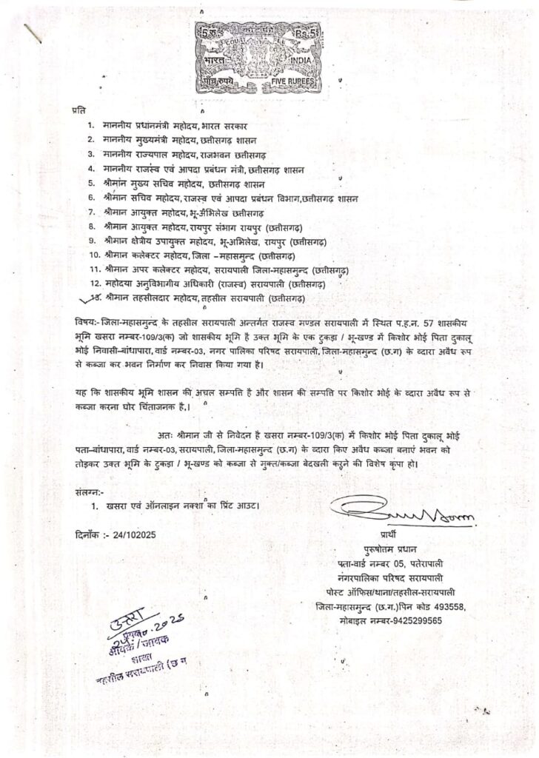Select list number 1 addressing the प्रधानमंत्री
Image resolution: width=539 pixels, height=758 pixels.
[x=90, y=127]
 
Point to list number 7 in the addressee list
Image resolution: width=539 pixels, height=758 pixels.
[x=90, y=212]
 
